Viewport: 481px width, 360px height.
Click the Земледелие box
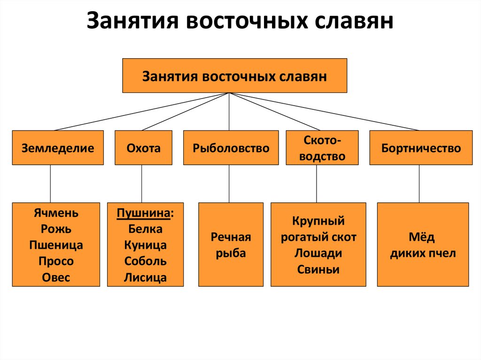point(57,148)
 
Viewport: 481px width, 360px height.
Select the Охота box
point(143,148)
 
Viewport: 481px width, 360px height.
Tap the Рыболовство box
point(231,148)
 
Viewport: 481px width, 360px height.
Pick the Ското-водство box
point(322,148)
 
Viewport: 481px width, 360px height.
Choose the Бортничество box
point(421,148)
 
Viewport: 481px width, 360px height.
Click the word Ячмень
point(56,213)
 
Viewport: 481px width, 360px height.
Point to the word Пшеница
point(56,245)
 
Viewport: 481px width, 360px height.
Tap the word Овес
point(56,277)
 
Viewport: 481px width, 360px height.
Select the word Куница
point(145,245)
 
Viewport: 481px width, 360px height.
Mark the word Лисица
point(145,277)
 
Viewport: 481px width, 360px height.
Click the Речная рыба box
point(231,245)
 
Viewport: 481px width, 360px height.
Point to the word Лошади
point(318,253)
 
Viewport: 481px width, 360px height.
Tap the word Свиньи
point(318,269)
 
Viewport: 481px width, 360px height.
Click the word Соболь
point(145,261)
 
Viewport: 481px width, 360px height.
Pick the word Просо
point(56,261)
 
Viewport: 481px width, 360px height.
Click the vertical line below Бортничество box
point(419,184)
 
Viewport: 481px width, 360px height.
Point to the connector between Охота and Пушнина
point(141,184)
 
